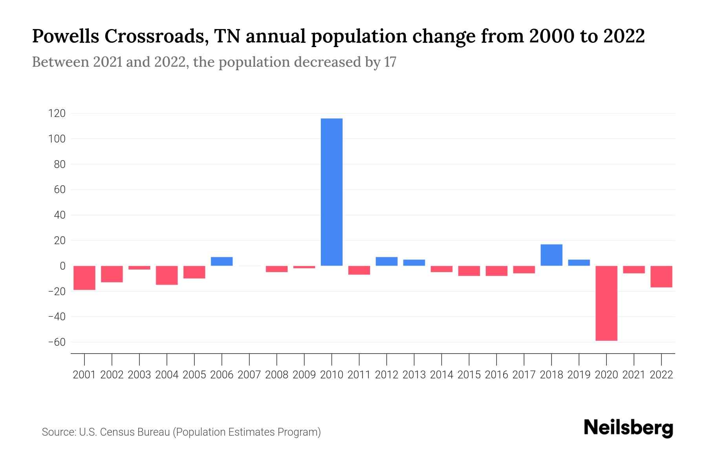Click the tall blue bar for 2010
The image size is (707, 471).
332,192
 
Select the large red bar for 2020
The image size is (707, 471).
606,303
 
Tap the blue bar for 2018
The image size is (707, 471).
551,255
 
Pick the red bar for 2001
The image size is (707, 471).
84,277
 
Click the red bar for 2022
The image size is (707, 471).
661,276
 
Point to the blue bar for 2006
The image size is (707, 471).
222,261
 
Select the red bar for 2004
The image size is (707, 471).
167,275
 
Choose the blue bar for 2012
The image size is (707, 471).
386,261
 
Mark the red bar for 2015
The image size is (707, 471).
469,271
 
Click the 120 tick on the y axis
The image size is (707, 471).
57,114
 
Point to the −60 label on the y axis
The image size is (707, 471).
57,342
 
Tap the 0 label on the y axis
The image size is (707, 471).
62,266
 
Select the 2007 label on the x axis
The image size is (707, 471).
249,375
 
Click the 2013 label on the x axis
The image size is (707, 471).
414,375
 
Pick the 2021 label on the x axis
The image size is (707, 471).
634,375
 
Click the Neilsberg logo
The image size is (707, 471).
628,428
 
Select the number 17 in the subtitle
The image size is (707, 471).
390,62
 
